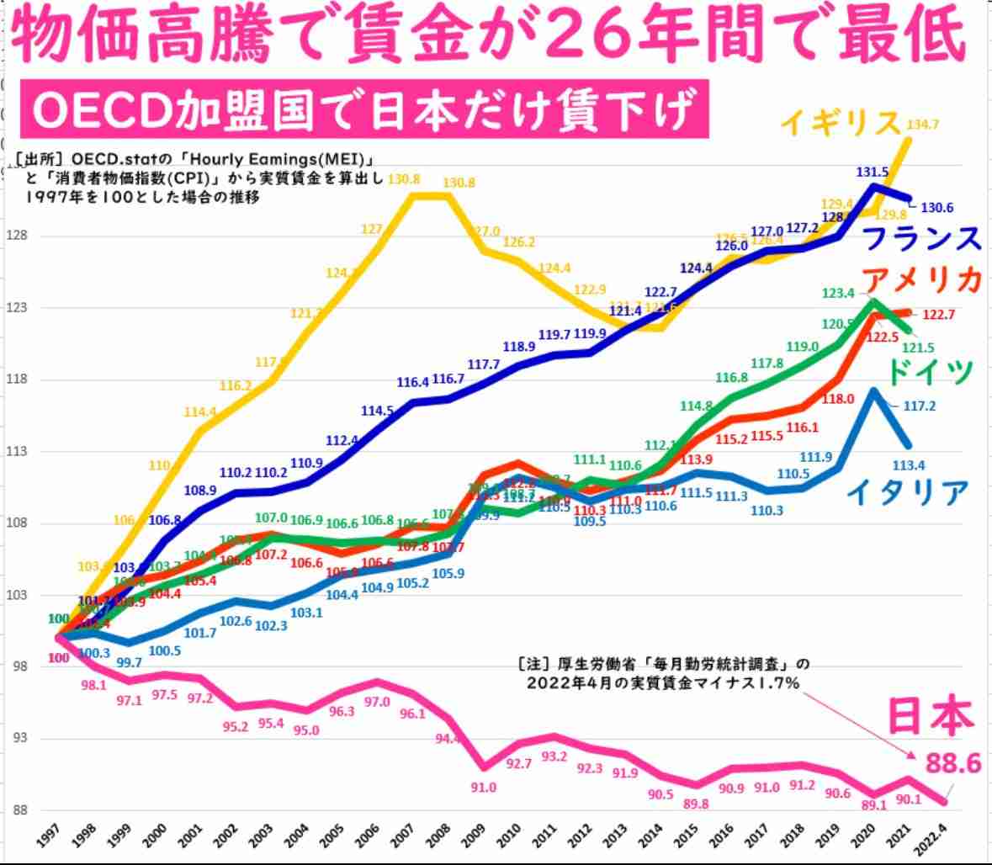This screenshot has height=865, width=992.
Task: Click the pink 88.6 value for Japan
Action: (x=954, y=763)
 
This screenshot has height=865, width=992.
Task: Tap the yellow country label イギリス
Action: (x=841, y=123)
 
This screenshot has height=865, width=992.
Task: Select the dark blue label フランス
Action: (x=923, y=237)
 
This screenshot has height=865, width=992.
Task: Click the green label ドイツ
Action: (x=930, y=369)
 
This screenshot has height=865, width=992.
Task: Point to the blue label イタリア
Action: (x=907, y=492)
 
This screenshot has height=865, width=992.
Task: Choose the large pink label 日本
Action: (x=931, y=717)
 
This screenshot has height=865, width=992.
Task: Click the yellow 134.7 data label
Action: (x=924, y=125)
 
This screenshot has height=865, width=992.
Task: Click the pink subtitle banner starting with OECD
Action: (x=364, y=109)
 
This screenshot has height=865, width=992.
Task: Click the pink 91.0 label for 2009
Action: (x=484, y=788)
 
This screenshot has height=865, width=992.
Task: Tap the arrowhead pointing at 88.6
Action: (x=913, y=760)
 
